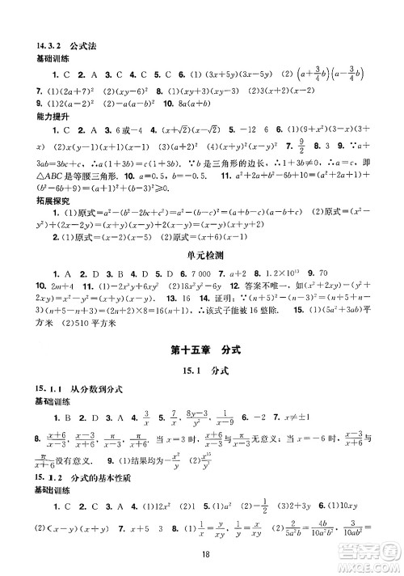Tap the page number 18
click(202, 556)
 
